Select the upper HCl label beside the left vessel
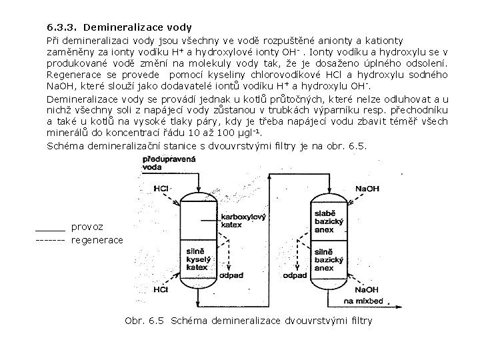pos(160,189)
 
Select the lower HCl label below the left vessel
pos(160,290)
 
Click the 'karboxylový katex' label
pos(243,220)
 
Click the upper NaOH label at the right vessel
pos(366,189)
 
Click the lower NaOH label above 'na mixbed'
pos(367,290)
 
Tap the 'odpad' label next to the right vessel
pos(295,274)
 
